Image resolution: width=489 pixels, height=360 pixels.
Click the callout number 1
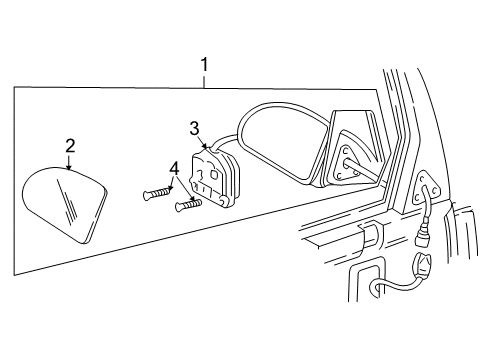coord(204,66)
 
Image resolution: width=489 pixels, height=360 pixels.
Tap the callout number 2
coord(70,146)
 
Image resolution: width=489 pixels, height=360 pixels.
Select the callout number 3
coord(195,128)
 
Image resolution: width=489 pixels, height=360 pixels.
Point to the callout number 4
coord(175,169)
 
